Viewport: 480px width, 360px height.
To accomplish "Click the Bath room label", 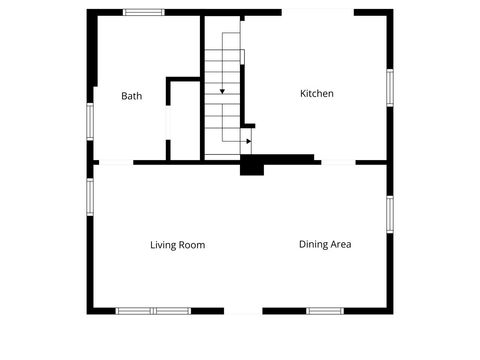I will point(131,96).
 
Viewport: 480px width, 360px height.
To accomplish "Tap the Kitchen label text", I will point(317,94).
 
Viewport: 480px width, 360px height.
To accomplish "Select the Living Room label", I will point(178,245).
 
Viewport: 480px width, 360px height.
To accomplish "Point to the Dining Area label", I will point(325,244).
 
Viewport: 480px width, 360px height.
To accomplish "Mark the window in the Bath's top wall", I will point(144,12).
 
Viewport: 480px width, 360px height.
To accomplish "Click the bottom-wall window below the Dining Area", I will point(325,311).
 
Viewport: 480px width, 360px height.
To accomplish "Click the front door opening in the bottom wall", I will point(243,311).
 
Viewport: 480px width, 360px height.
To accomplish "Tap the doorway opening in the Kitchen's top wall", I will point(318,12).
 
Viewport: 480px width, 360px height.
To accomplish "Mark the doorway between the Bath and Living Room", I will point(115,162).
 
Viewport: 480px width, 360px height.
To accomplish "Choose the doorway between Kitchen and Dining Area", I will point(338,162).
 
